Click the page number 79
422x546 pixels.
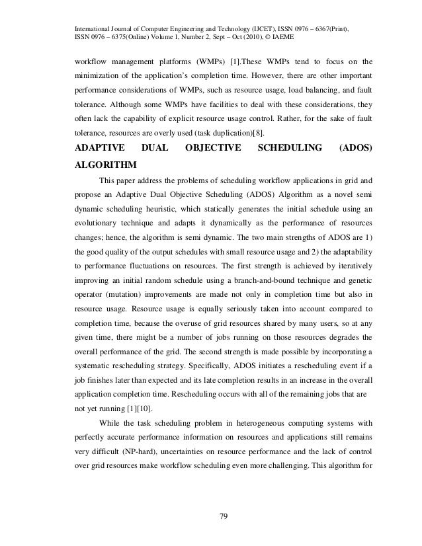pos(222,508)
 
